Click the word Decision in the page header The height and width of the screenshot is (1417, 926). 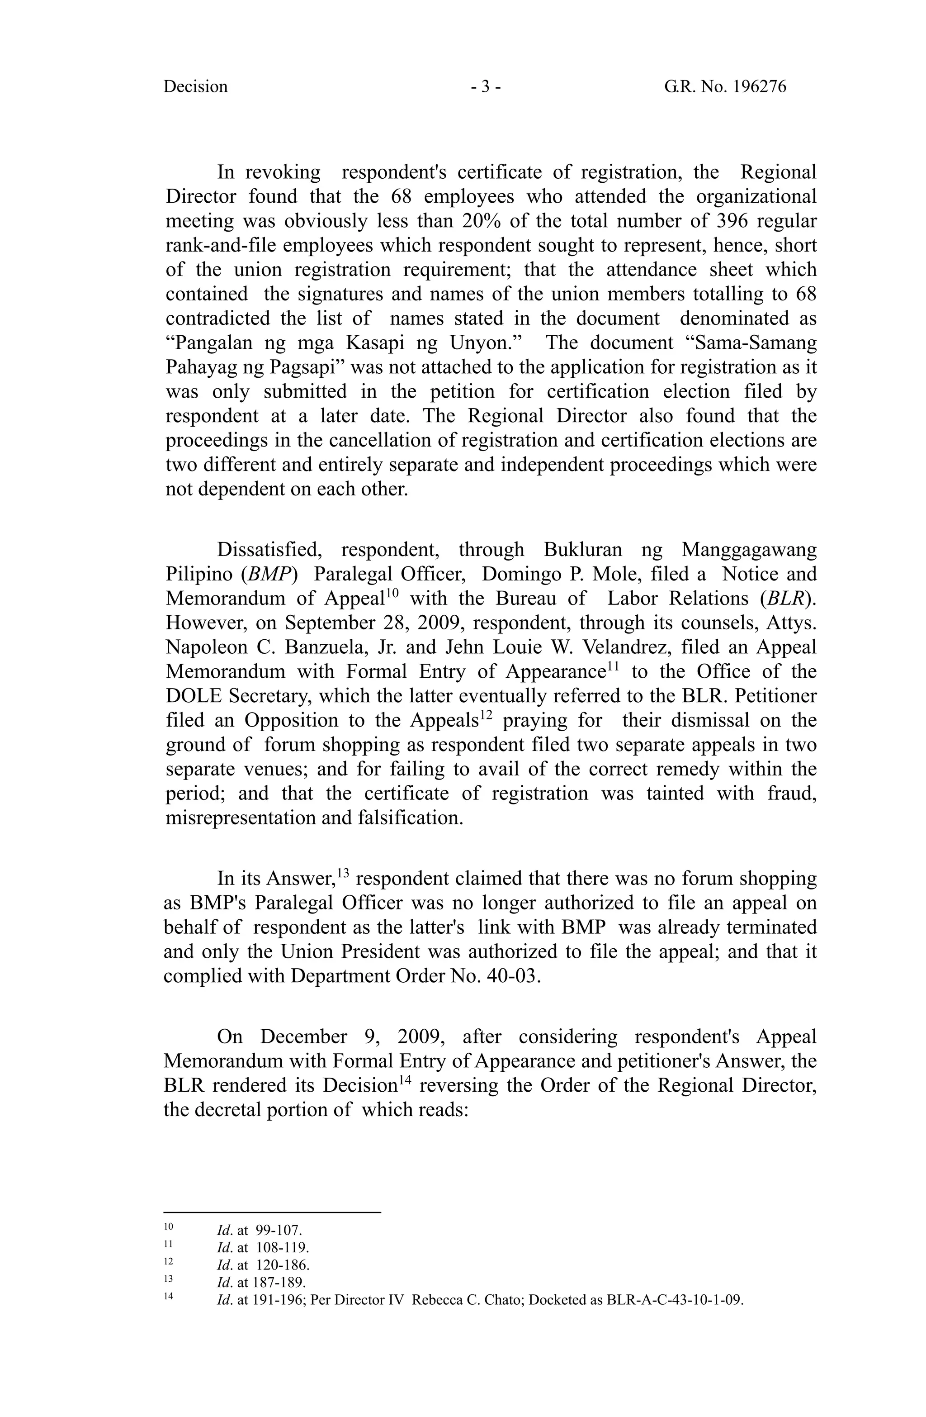coord(195,87)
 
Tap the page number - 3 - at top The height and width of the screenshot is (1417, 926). coord(486,87)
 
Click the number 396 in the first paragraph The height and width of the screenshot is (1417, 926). coord(734,221)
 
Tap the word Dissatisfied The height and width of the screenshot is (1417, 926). coord(270,550)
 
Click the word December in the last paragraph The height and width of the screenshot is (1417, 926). coord(303,1037)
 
